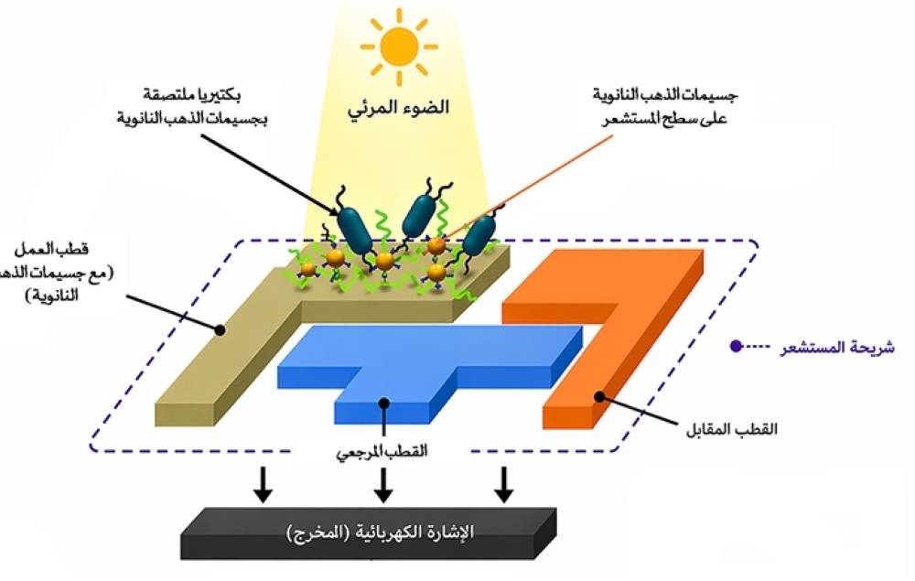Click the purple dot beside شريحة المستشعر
pos(735,348)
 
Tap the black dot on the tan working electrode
pos(220,328)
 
